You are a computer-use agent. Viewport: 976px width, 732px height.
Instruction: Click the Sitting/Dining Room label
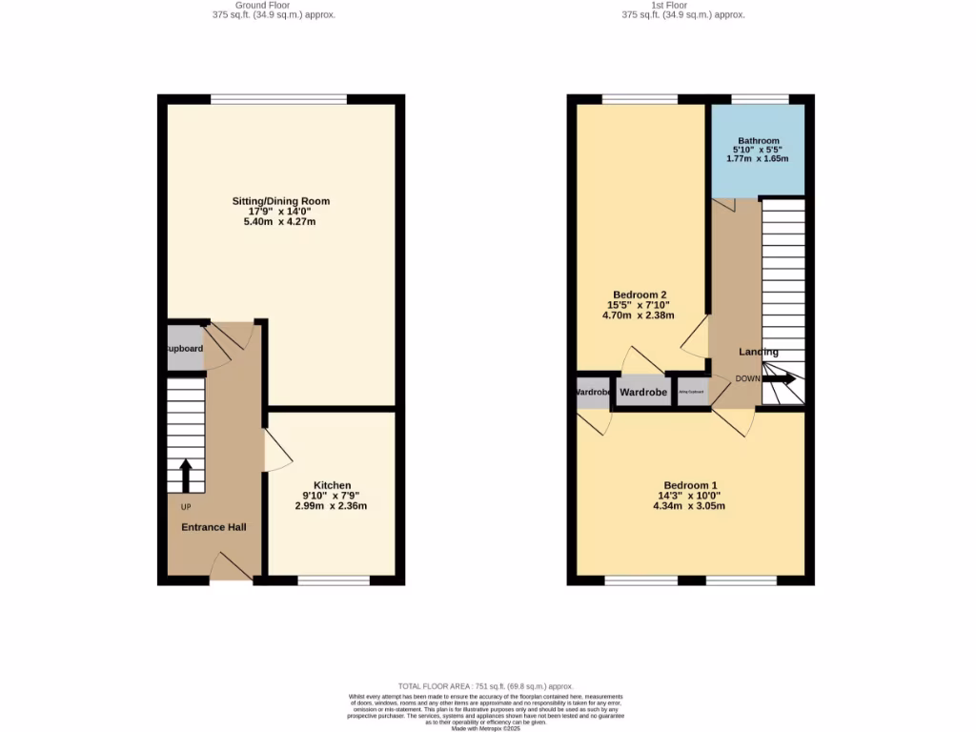[x=280, y=201]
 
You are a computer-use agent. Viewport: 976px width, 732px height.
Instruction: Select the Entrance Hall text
[x=213, y=527]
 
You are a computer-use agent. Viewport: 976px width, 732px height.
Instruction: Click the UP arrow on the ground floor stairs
[x=185, y=475]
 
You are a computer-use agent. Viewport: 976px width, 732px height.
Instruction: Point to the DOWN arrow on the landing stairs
[x=781, y=378]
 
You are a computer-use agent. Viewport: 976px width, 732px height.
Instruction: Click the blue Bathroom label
[x=758, y=141]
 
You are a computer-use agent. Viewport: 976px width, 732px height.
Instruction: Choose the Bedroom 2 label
[x=639, y=295]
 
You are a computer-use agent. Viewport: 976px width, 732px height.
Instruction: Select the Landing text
[x=758, y=352]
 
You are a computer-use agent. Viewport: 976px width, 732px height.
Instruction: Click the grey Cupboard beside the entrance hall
[x=185, y=349]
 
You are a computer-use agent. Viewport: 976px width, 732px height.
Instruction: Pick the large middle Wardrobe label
[x=643, y=392]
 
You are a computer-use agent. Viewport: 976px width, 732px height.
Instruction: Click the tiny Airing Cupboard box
[x=691, y=392]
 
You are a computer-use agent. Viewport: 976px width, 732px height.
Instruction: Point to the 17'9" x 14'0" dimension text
[x=280, y=212]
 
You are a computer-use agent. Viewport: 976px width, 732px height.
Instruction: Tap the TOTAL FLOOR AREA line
[x=485, y=686]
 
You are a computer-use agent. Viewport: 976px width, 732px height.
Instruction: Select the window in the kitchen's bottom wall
[x=334, y=580]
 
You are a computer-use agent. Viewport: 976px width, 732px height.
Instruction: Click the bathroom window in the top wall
[x=760, y=99]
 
